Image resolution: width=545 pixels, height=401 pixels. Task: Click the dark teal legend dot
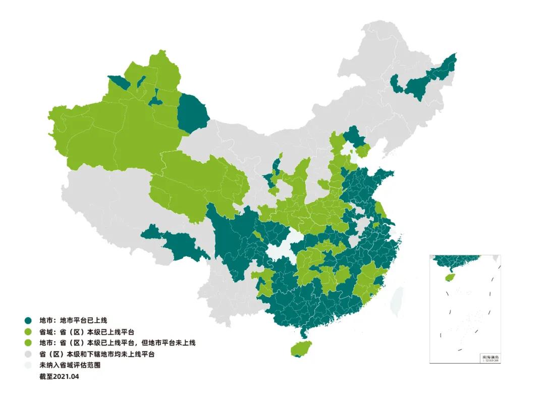click(28, 320)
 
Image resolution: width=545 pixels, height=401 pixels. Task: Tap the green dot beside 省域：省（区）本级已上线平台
click(28, 332)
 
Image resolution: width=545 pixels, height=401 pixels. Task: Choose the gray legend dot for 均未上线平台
click(28, 354)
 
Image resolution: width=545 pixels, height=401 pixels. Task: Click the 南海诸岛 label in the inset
click(489, 357)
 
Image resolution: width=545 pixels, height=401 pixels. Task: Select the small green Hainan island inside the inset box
click(447, 277)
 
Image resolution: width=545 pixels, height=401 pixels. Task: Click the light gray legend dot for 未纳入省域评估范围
click(28, 365)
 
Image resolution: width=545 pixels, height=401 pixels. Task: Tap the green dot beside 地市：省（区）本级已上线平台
click(28, 343)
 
